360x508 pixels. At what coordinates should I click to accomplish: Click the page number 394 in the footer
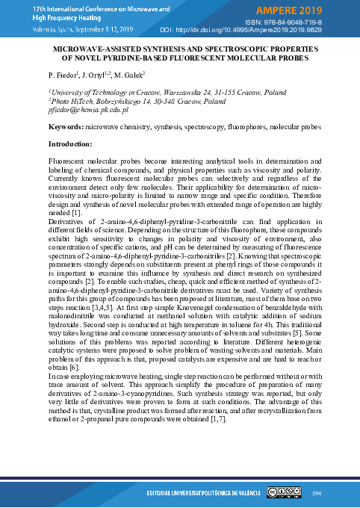pos(316,493)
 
